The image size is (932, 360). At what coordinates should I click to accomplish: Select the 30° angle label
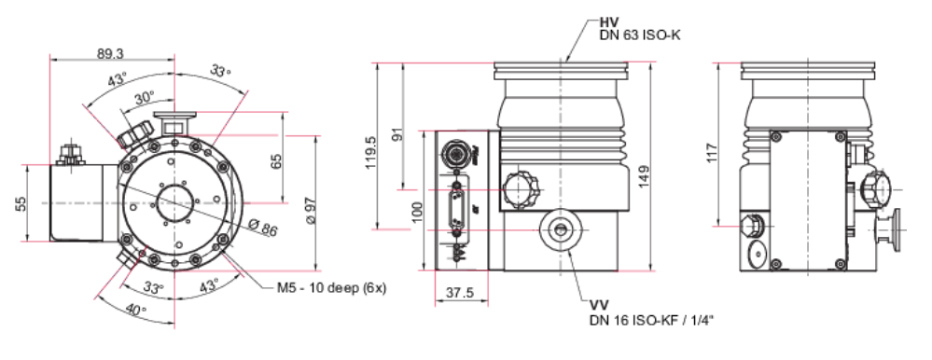click(x=144, y=99)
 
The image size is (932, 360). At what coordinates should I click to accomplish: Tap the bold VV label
click(x=598, y=306)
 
